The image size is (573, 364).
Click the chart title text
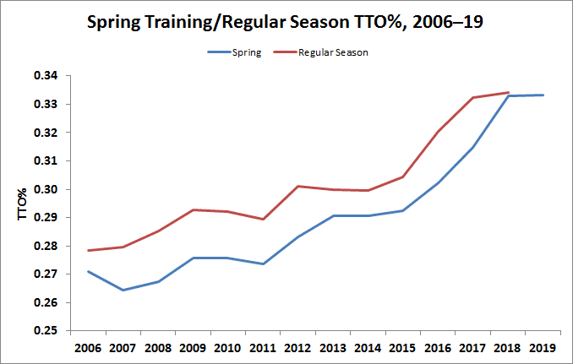(x=286, y=22)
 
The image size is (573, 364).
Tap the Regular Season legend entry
(x=333, y=52)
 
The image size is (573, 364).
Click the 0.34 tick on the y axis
(x=47, y=76)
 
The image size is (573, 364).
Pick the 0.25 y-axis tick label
(x=47, y=331)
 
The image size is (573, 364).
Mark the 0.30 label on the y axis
(x=47, y=189)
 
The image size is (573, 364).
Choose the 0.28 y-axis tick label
(x=47, y=246)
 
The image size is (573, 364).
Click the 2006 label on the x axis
(x=88, y=347)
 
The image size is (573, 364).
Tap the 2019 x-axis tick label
(x=542, y=347)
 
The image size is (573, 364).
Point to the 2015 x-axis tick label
(x=402, y=347)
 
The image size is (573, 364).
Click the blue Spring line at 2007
(x=123, y=290)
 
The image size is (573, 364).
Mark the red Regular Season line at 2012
(x=297, y=186)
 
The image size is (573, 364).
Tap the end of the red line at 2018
(x=507, y=92)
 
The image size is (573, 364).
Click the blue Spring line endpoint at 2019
(x=542, y=95)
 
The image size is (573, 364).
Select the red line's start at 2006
(x=88, y=250)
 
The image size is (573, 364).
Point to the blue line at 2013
(x=332, y=215)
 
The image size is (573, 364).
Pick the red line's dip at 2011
(x=263, y=219)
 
